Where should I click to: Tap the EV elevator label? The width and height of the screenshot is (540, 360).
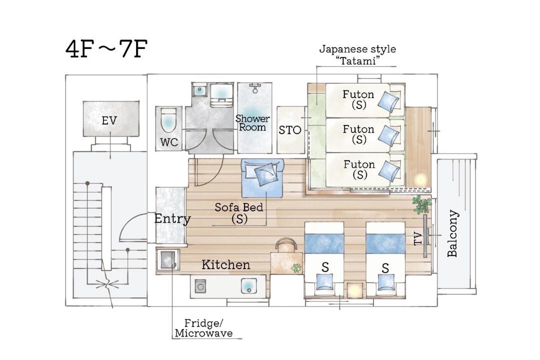(109, 121)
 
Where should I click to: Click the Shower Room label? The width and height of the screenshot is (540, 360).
(253, 123)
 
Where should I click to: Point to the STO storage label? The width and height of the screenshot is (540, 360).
(290, 130)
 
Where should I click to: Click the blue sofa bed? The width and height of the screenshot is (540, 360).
(262, 178)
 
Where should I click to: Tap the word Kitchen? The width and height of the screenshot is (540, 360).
(226, 265)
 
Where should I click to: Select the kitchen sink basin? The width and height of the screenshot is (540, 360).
(248, 285)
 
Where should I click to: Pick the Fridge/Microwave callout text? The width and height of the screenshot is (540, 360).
(204, 328)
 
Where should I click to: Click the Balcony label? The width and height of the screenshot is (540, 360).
(452, 233)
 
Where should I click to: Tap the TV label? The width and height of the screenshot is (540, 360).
(417, 238)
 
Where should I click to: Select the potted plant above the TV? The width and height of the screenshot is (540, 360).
(421, 204)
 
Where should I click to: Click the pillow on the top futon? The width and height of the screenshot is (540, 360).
(388, 101)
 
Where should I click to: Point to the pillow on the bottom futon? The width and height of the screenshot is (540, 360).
(389, 170)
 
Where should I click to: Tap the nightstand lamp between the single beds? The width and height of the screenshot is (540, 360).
(355, 290)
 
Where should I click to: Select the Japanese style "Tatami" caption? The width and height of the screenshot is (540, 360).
(357, 55)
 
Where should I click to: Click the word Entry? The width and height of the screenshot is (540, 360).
(172, 219)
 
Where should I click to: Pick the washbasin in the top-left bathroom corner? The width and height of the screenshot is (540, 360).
(199, 90)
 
